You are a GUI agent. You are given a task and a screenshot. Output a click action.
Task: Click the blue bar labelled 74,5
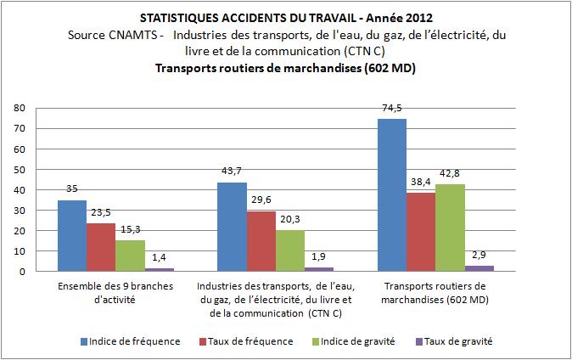point(392,195)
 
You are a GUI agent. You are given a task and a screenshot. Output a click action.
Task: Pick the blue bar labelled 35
point(71,236)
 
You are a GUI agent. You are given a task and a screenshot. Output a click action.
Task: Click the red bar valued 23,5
point(100,247)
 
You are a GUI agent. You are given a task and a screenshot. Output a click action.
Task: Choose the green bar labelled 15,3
point(129,256)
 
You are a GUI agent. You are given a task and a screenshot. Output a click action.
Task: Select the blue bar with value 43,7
point(232,227)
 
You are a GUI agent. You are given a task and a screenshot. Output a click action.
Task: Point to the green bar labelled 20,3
point(289,250)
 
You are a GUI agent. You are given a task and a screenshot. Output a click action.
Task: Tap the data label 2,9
point(479,256)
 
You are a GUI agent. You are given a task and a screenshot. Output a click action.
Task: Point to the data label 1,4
point(158,259)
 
